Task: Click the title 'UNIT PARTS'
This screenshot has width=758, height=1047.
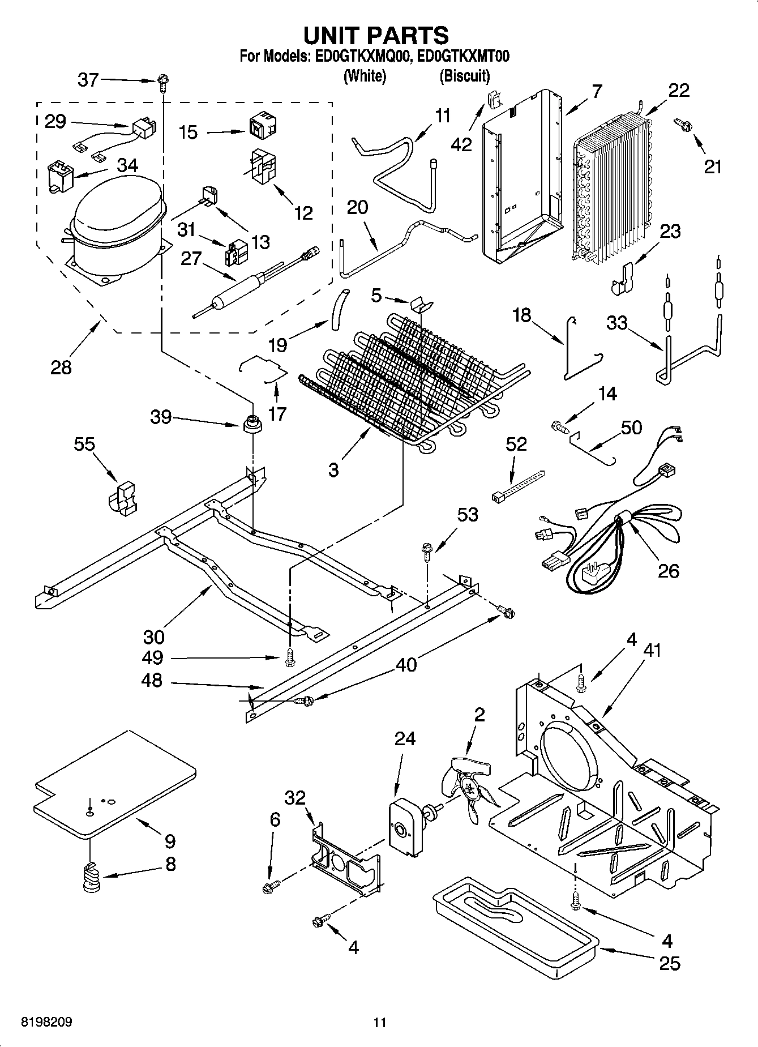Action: (376, 35)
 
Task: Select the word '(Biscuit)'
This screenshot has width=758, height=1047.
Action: (464, 75)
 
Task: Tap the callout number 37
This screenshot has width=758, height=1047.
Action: (88, 80)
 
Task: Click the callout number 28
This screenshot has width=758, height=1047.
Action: (61, 367)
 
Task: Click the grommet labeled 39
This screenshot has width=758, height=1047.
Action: (252, 424)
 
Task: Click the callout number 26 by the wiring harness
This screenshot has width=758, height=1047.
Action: (668, 570)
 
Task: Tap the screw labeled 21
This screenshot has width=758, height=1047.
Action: (682, 125)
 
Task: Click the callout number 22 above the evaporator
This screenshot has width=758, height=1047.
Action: (679, 90)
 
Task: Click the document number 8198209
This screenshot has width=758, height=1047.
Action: (46, 1022)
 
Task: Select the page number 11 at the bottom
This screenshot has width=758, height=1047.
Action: (380, 1023)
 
